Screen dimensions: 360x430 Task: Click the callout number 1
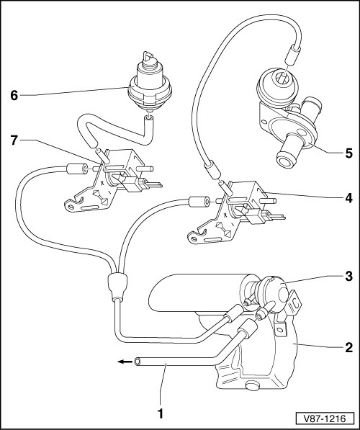pos(161,414)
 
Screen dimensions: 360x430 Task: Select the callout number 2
pos(348,348)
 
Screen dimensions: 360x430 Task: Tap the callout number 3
pos(348,277)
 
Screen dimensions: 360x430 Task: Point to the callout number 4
pos(348,198)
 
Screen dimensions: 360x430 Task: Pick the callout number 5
pos(348,153)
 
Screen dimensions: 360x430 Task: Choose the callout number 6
pos(14,95)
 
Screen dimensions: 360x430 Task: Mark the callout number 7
pos(14,140)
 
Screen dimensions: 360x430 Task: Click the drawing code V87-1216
pos(325,418)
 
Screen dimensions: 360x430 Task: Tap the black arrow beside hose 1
pos(124,362)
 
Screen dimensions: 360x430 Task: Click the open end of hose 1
pos(137,362)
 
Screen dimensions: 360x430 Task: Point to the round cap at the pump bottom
pos(253,385)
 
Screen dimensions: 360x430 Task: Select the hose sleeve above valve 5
pos(292,55)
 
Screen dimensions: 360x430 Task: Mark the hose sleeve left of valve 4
pos(199,202)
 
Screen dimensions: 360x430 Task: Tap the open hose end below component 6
pos(149,118)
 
